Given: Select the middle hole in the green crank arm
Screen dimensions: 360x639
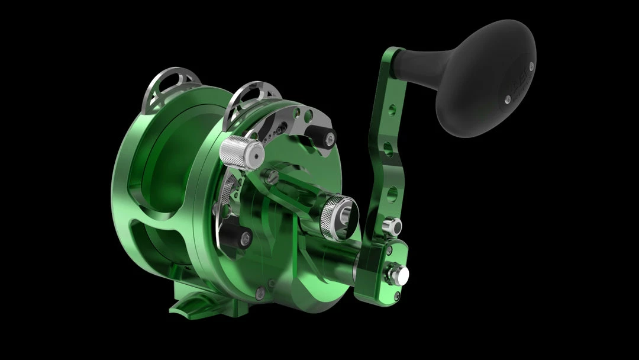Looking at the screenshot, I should click(388, 148).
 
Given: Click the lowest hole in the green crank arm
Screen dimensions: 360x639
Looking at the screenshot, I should click(390, 193).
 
